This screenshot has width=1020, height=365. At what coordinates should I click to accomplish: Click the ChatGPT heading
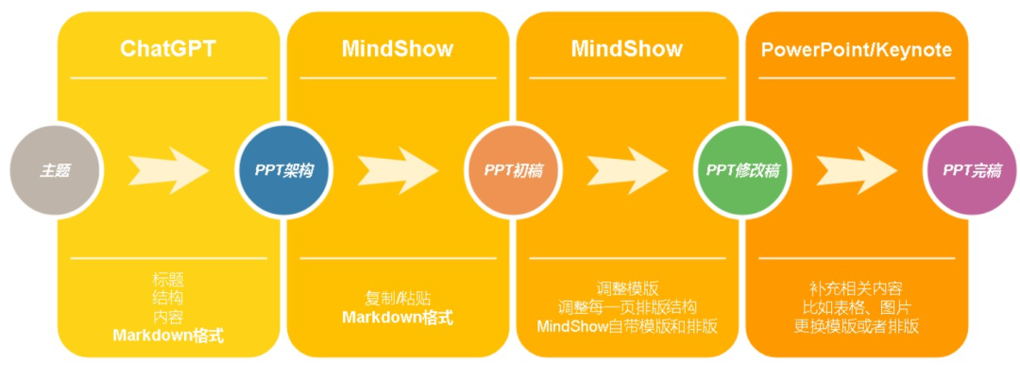(168, 48)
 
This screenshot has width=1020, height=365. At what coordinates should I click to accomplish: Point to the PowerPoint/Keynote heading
(857, 48)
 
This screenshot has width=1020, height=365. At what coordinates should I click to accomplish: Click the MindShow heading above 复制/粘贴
(398, 48)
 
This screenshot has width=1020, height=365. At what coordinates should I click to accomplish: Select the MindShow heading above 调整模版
(627, 48)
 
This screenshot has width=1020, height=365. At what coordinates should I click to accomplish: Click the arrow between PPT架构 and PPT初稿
(398, 170)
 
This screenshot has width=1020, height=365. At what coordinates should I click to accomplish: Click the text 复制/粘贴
(398, 297)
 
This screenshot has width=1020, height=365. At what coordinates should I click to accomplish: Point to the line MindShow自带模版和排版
(627, 326)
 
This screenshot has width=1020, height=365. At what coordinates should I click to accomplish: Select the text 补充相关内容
(857, 287)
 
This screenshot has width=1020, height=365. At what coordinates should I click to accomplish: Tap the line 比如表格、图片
(857, 307)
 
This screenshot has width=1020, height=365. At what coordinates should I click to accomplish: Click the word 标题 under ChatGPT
(168, 279)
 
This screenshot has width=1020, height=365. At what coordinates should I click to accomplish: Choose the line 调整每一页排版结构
(627, 307)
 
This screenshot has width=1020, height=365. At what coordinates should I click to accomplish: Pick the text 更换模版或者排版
(857, 326)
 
